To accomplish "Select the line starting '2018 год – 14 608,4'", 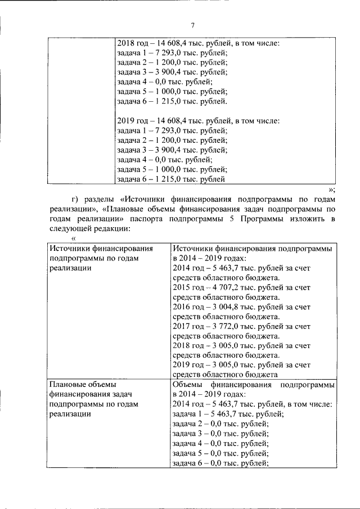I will [198, 42].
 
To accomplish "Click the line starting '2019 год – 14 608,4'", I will [198, 120].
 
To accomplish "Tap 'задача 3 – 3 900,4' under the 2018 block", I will [172, 72].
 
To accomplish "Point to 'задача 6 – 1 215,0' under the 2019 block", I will [171, 179].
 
